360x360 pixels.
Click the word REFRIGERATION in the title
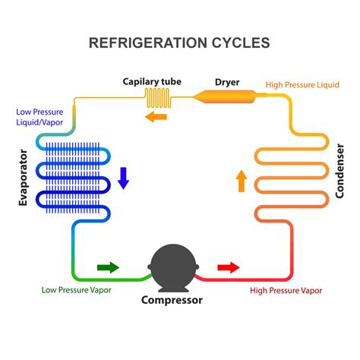pos(148,43)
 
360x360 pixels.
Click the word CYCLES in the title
pos(241,43)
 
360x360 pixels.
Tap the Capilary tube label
pos(152,82)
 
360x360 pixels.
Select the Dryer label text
pos(227,82)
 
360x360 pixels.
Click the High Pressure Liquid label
pos(302,85)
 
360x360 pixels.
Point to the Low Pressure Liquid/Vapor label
pos(39,117)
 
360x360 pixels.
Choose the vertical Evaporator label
pos(23,178)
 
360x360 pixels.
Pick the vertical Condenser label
pos(339,171)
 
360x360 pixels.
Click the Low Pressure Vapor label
pos(77,290)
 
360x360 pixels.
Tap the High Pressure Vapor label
pos(286,290)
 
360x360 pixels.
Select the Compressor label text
pos(172,300)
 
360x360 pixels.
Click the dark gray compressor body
pos(173,267)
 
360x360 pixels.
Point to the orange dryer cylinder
pos(226,96)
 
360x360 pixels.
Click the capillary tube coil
pos(157,98)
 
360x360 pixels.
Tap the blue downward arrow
pos(124,178)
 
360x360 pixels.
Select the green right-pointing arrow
pos(108,267)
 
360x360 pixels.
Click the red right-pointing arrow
pos(229,267)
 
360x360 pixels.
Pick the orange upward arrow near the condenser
pos(242,181)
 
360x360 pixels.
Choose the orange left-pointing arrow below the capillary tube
pos(156,117)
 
